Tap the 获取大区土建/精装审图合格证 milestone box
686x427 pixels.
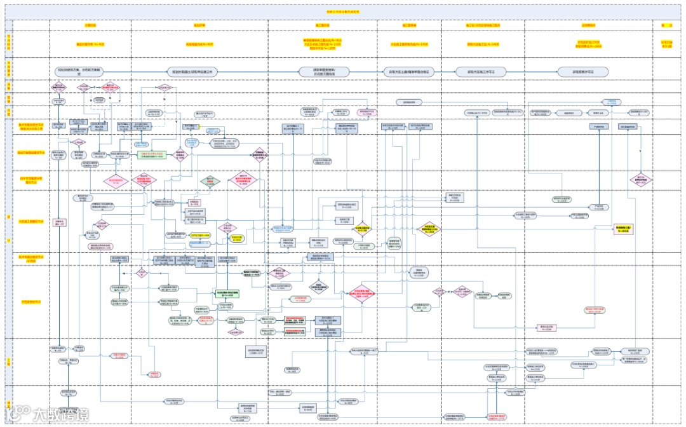click(409, 72)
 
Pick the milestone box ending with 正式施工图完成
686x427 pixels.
click(323, 72)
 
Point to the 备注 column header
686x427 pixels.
click(666, 25)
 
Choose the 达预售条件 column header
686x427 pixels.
click(588, 25)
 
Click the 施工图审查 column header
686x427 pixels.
click(322, 25)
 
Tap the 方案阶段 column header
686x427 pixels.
click(90, 25)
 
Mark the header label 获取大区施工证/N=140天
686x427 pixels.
click(483, 44)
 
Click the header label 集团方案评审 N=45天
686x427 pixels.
click(90, 44)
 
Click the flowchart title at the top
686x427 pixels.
click(342, 11)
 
